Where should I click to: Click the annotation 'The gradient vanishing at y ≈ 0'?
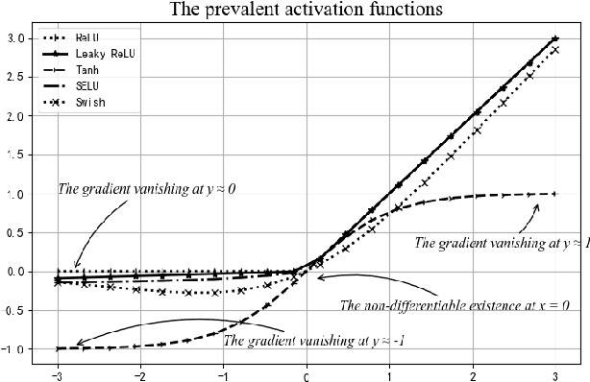tap(147, 189)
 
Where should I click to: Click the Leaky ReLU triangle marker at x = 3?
tap(555, 38)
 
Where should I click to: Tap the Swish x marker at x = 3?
tap(555, 50)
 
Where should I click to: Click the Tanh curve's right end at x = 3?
tap(555, 194)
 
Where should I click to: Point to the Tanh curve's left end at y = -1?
tap(58, 347)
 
